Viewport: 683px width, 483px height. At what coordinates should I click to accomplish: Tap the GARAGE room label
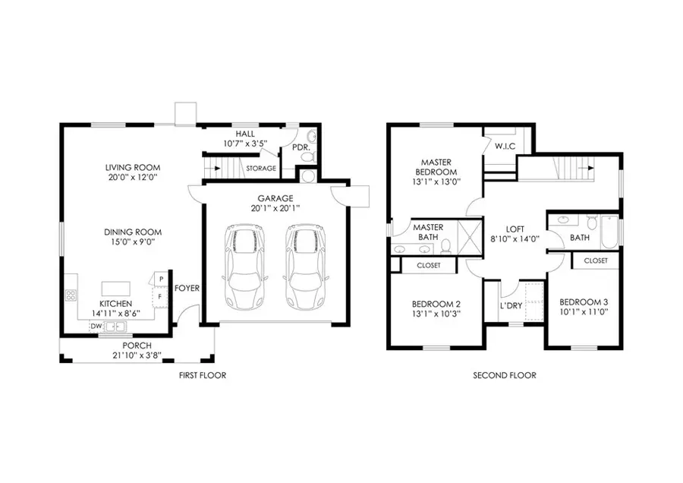point(275,198)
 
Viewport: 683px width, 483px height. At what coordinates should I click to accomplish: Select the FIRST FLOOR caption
point(202,376)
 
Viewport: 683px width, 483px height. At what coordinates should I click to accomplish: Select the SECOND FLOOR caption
point(505,376)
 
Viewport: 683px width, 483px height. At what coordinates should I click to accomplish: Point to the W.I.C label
point(505,145)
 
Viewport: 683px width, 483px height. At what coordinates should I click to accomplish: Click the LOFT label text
point(516,229)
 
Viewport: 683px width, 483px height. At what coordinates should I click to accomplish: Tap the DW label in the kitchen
point(96,327)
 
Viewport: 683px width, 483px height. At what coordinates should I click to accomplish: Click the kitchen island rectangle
point(116,289)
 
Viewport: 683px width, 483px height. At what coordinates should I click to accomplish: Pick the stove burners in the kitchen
point(71,295)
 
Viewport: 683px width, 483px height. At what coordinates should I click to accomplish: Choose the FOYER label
point(187,289)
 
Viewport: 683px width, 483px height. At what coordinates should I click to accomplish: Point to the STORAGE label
point(260,168)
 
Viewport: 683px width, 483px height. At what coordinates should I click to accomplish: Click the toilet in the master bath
point(447,245)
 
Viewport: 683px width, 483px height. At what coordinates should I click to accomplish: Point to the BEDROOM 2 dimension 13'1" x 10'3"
point(436,312)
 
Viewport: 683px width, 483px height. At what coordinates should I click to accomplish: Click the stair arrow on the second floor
point(585,164)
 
